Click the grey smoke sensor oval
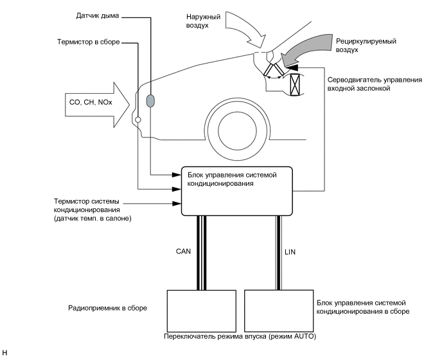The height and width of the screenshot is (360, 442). (150, 101)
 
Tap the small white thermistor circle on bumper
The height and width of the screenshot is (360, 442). (138, 120)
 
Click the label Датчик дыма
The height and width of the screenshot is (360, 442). (98, 15)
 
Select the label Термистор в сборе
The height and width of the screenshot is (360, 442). (89, 42)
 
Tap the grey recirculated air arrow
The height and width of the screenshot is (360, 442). (307, 50)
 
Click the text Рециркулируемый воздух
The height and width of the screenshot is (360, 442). (366, 46)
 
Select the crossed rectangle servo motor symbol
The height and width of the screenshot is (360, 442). (294, 85)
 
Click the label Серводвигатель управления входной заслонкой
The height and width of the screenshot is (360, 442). (375, 84)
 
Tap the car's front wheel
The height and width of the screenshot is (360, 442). (237, 130)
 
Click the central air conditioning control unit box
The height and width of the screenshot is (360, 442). (237, 191)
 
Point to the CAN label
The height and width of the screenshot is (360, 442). (183, 251)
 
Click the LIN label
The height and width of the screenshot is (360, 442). (290, 252)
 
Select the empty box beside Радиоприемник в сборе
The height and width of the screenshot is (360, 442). (202, 311)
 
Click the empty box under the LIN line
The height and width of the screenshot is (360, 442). (279, 310)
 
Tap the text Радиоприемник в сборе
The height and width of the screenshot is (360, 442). (108, 308)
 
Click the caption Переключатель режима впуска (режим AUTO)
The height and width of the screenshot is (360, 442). (240, 336)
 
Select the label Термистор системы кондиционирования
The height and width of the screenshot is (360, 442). (87, 206)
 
